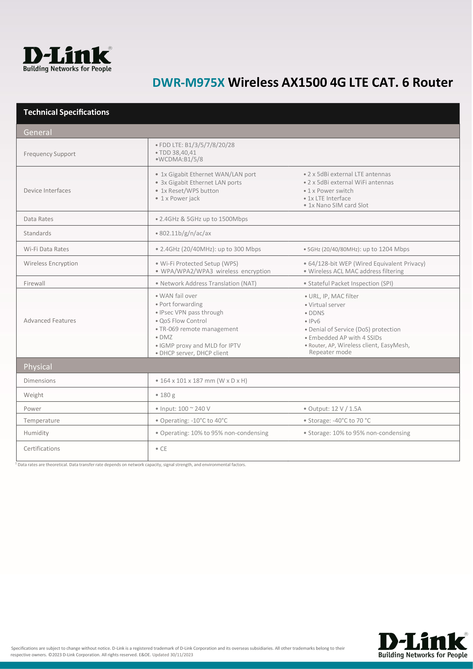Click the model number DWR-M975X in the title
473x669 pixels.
pyautogui.click(x=188, y=82)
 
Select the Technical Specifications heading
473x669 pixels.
pyautogui.click(x=66, y=112)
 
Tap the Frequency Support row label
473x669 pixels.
pyautogui.click(x=50, y=154)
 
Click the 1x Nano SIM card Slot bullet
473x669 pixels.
pyautogui.click(x=338, y=205)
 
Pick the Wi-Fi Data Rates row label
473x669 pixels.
pyautogui.click(x=46, y=249)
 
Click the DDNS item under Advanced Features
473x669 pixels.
pyautogui.click(x=316, y=313)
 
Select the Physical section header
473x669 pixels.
pyautogui.click(x=38, y=367)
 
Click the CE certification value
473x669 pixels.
pyautogui.click(x=163, y=449)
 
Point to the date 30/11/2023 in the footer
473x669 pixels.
pyautogui.click(x=181, y=655)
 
